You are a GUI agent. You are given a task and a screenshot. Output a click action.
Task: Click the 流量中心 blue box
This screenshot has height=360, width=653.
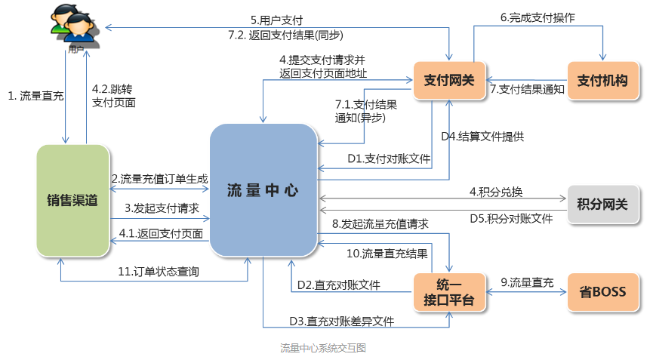point(263,190)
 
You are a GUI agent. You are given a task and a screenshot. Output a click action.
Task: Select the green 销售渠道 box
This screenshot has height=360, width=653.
point(72,200)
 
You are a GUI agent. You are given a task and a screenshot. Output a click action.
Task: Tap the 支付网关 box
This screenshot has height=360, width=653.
point(449,80)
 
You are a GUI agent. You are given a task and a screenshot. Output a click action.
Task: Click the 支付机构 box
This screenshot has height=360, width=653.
point(602,80)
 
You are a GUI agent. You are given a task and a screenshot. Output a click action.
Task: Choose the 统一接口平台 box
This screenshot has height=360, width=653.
point(449,292)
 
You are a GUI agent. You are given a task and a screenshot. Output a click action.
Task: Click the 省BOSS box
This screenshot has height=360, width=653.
point(602,292)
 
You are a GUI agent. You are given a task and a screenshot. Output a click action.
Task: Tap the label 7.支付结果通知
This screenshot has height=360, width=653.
point(527,89)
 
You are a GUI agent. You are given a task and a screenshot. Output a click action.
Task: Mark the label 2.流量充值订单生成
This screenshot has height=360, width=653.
point(159,179)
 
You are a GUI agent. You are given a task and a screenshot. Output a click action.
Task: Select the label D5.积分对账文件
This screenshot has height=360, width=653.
point(507,218)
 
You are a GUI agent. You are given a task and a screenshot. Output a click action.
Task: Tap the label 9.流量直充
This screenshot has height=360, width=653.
point(527,283)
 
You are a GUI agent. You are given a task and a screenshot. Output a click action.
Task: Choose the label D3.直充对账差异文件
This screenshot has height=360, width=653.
point(342,321)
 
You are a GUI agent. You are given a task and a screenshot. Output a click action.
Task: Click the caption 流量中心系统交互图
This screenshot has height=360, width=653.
point(323,348)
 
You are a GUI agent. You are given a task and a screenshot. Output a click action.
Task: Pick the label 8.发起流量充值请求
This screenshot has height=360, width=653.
point(380,224)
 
